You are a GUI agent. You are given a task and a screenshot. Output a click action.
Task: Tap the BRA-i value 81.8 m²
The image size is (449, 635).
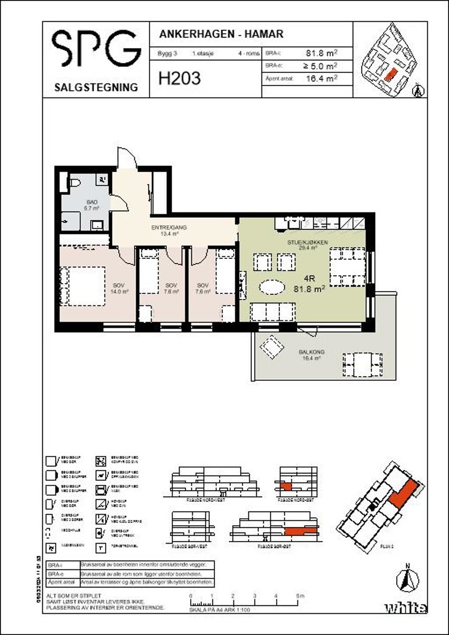click(x=322, y=53)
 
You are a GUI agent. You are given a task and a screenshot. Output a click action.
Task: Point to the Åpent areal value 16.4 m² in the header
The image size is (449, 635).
click(x=322, y=79)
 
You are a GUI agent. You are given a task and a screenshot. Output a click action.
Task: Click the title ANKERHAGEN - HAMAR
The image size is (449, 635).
click(x=221, y=34)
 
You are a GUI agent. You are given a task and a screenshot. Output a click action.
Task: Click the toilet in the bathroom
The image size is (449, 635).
click(x=74, y=184)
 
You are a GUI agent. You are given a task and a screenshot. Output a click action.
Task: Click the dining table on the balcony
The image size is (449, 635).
click(x=362, y=364)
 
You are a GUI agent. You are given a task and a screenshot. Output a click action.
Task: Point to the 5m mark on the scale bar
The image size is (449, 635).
click(x=300, y=596)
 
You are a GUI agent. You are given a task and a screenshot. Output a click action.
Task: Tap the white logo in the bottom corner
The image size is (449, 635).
click(x=405, y=608)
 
